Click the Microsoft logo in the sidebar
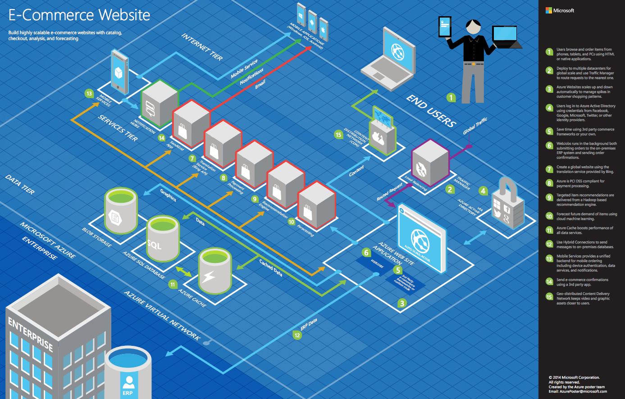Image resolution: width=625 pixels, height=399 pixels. coord(559,10)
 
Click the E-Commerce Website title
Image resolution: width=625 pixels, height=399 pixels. coord(79,15)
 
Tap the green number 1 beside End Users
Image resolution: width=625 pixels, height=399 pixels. coord(451,97)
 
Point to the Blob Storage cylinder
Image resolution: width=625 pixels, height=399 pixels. coord(120,209)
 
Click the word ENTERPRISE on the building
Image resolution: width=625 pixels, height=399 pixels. coord(31,334)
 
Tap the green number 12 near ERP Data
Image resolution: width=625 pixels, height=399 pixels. coord(297,335)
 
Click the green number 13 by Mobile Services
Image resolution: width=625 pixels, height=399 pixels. coord(89,94)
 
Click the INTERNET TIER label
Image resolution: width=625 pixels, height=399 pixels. coord(202,46)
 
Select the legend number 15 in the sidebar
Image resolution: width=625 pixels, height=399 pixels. coord(549,296)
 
